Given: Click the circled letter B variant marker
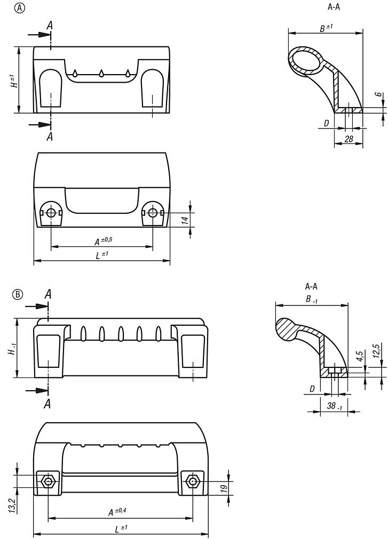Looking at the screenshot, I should [x=18, y=294].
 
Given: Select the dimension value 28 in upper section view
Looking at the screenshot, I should [x=349, y=139].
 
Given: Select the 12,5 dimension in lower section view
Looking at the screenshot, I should [x=377, y=352].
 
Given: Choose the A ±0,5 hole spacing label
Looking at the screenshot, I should [x=102, y=241].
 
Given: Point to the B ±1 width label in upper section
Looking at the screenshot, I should [x=326, y=28].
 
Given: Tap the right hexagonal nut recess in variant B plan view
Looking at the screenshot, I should [x=192, y=482].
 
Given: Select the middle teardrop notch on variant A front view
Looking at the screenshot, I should [x=101, y=73].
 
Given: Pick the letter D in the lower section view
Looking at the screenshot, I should [x=312, y=389].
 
